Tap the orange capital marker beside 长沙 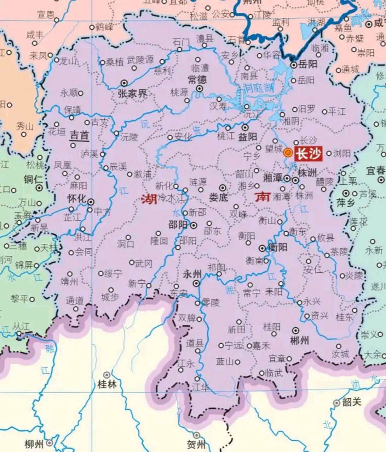288,153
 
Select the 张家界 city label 132,94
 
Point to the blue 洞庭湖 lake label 258,88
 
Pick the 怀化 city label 77,199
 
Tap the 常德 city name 197,79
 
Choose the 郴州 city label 299,340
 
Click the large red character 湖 149,200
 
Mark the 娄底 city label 218,197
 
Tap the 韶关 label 352,402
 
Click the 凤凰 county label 62,165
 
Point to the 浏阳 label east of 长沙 341,154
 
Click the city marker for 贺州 196,435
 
